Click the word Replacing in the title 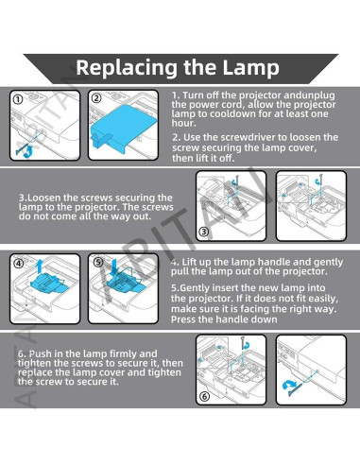[x=127, y=69]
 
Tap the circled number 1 [x=18, y=99]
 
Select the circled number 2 [x=96, y=98]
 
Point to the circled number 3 [x=204, y=232]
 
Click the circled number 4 [x=19, y=263]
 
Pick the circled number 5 [x=98, y=262]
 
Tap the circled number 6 [x=205, y=396]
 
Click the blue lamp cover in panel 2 [x=123, y=128]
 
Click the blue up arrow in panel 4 [x=40, y=267]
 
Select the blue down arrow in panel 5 [x=114, y=267]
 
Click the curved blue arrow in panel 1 [x=28, y=152]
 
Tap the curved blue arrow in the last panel [x=288, y=386]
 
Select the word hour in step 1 [x=184, y=123]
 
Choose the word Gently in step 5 [x=195, y=288]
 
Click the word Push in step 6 [x=40, y=353]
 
